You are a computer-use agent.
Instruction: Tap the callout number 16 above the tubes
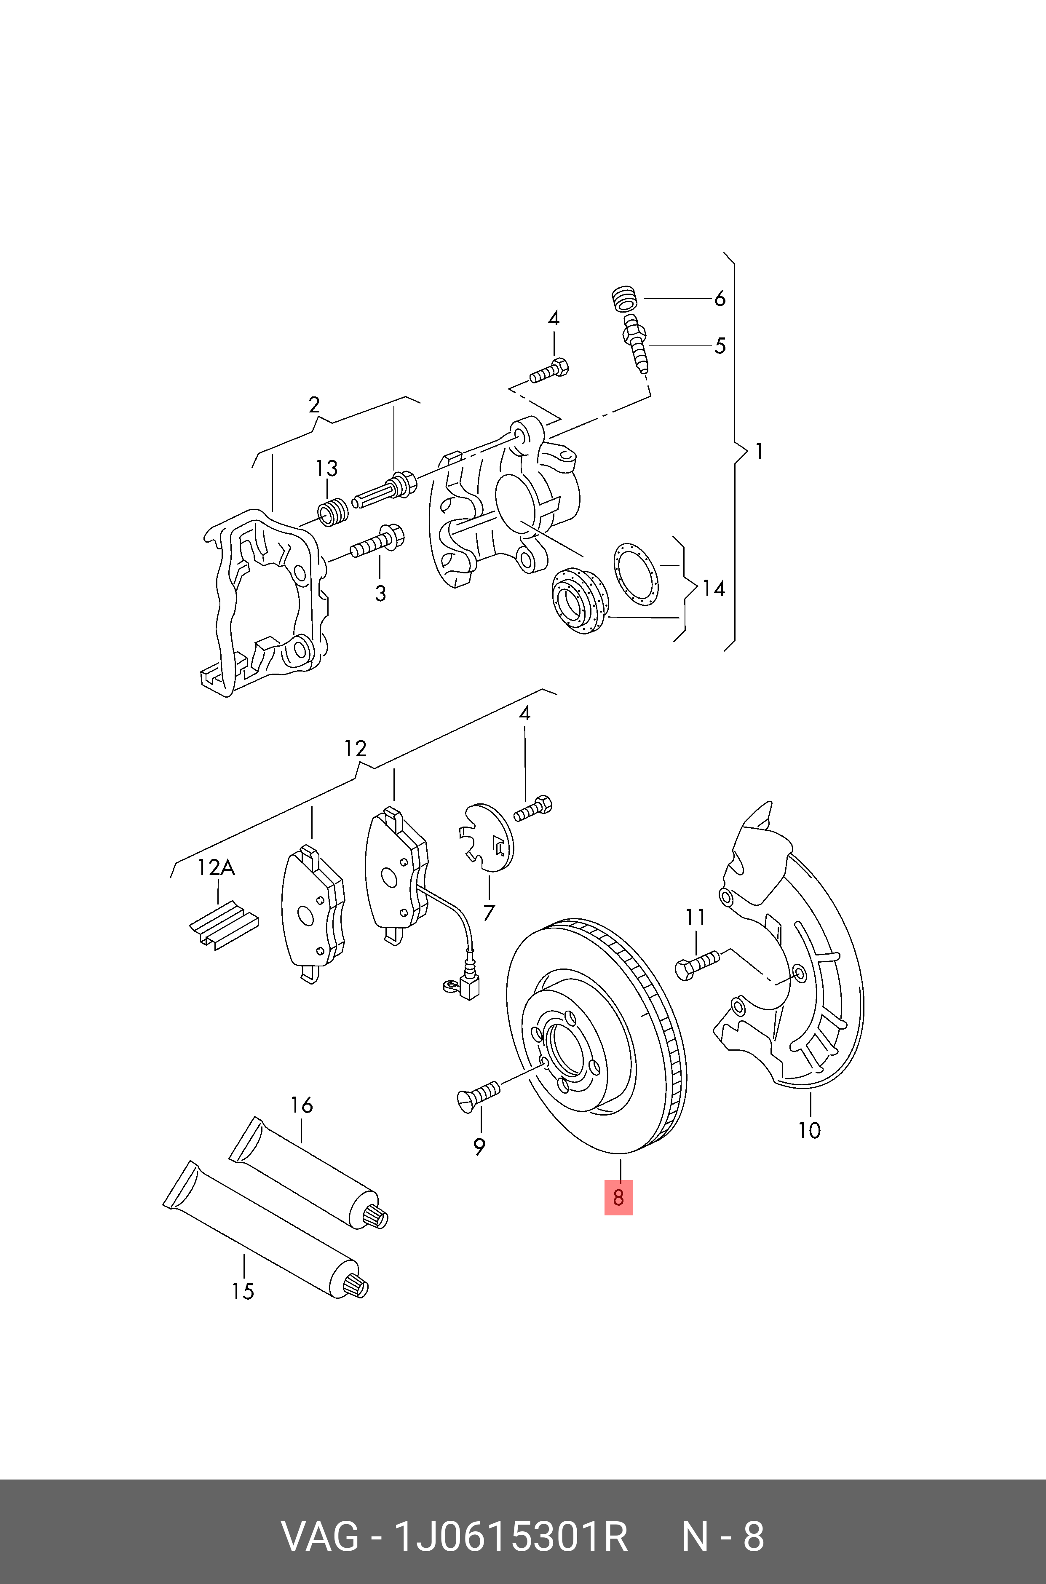(302, 1105)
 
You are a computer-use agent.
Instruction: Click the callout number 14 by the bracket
(713, 588)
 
